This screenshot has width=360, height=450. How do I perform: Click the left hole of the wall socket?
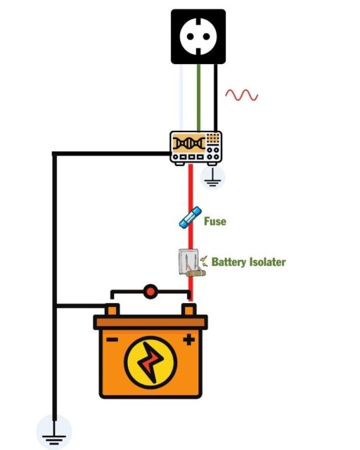tap(189, 36)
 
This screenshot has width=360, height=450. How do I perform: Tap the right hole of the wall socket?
tap(209, 36)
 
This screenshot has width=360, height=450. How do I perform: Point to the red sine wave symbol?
tap(241, 95)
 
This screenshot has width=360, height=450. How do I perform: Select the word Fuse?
tap(215, 221)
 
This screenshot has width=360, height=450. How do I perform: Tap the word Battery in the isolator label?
tap(229, 262)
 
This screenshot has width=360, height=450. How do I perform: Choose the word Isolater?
tap(268, 262)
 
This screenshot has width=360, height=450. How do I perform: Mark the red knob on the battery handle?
tap(150, 290)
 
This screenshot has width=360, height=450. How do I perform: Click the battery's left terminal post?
tap(112, 309)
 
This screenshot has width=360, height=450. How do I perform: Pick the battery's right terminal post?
tap(188, 309)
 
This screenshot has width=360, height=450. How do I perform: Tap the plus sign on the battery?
tap(188, 340)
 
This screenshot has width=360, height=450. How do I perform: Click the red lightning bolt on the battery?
tap(150, 363)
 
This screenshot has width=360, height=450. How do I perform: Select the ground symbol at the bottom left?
tap(54, 432)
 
